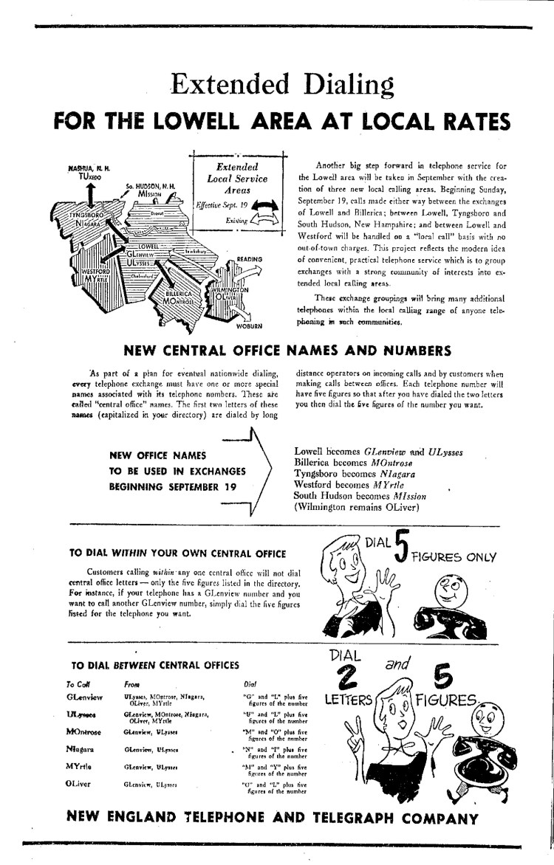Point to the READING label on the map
tap(250, 260)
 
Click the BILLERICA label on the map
tap(179, 292)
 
